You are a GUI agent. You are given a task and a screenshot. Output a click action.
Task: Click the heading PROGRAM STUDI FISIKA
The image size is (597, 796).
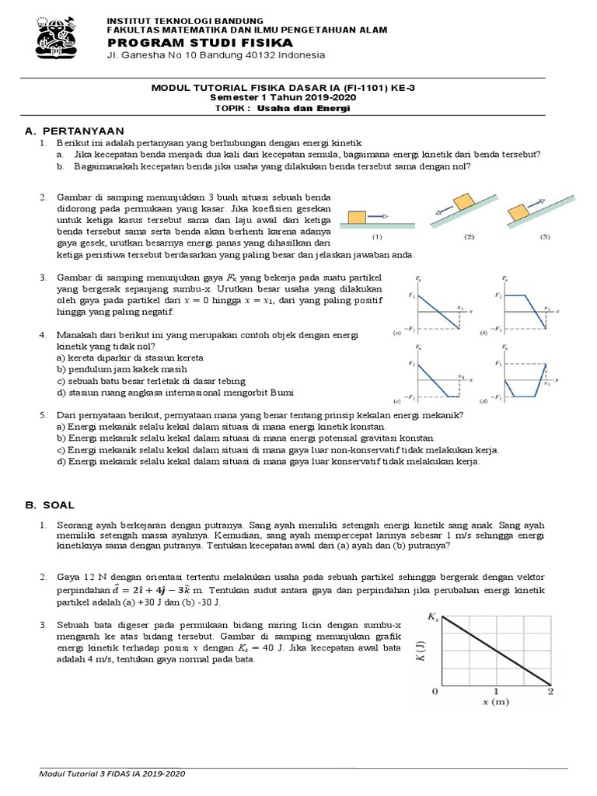click(190, 41)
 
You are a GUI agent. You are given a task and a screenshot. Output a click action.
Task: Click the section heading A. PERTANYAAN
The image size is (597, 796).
click(75, 130)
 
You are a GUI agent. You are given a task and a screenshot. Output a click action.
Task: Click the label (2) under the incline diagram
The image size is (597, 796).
click(470, 236)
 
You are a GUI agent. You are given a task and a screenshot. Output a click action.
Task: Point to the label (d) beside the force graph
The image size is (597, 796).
click(484, 401)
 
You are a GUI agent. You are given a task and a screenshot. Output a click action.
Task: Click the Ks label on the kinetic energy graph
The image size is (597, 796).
click(432, 617)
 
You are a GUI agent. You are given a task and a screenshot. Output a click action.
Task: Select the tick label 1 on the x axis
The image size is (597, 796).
click(495, 691)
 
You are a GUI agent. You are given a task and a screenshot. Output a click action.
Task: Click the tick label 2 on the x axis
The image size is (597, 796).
click(551, 691)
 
